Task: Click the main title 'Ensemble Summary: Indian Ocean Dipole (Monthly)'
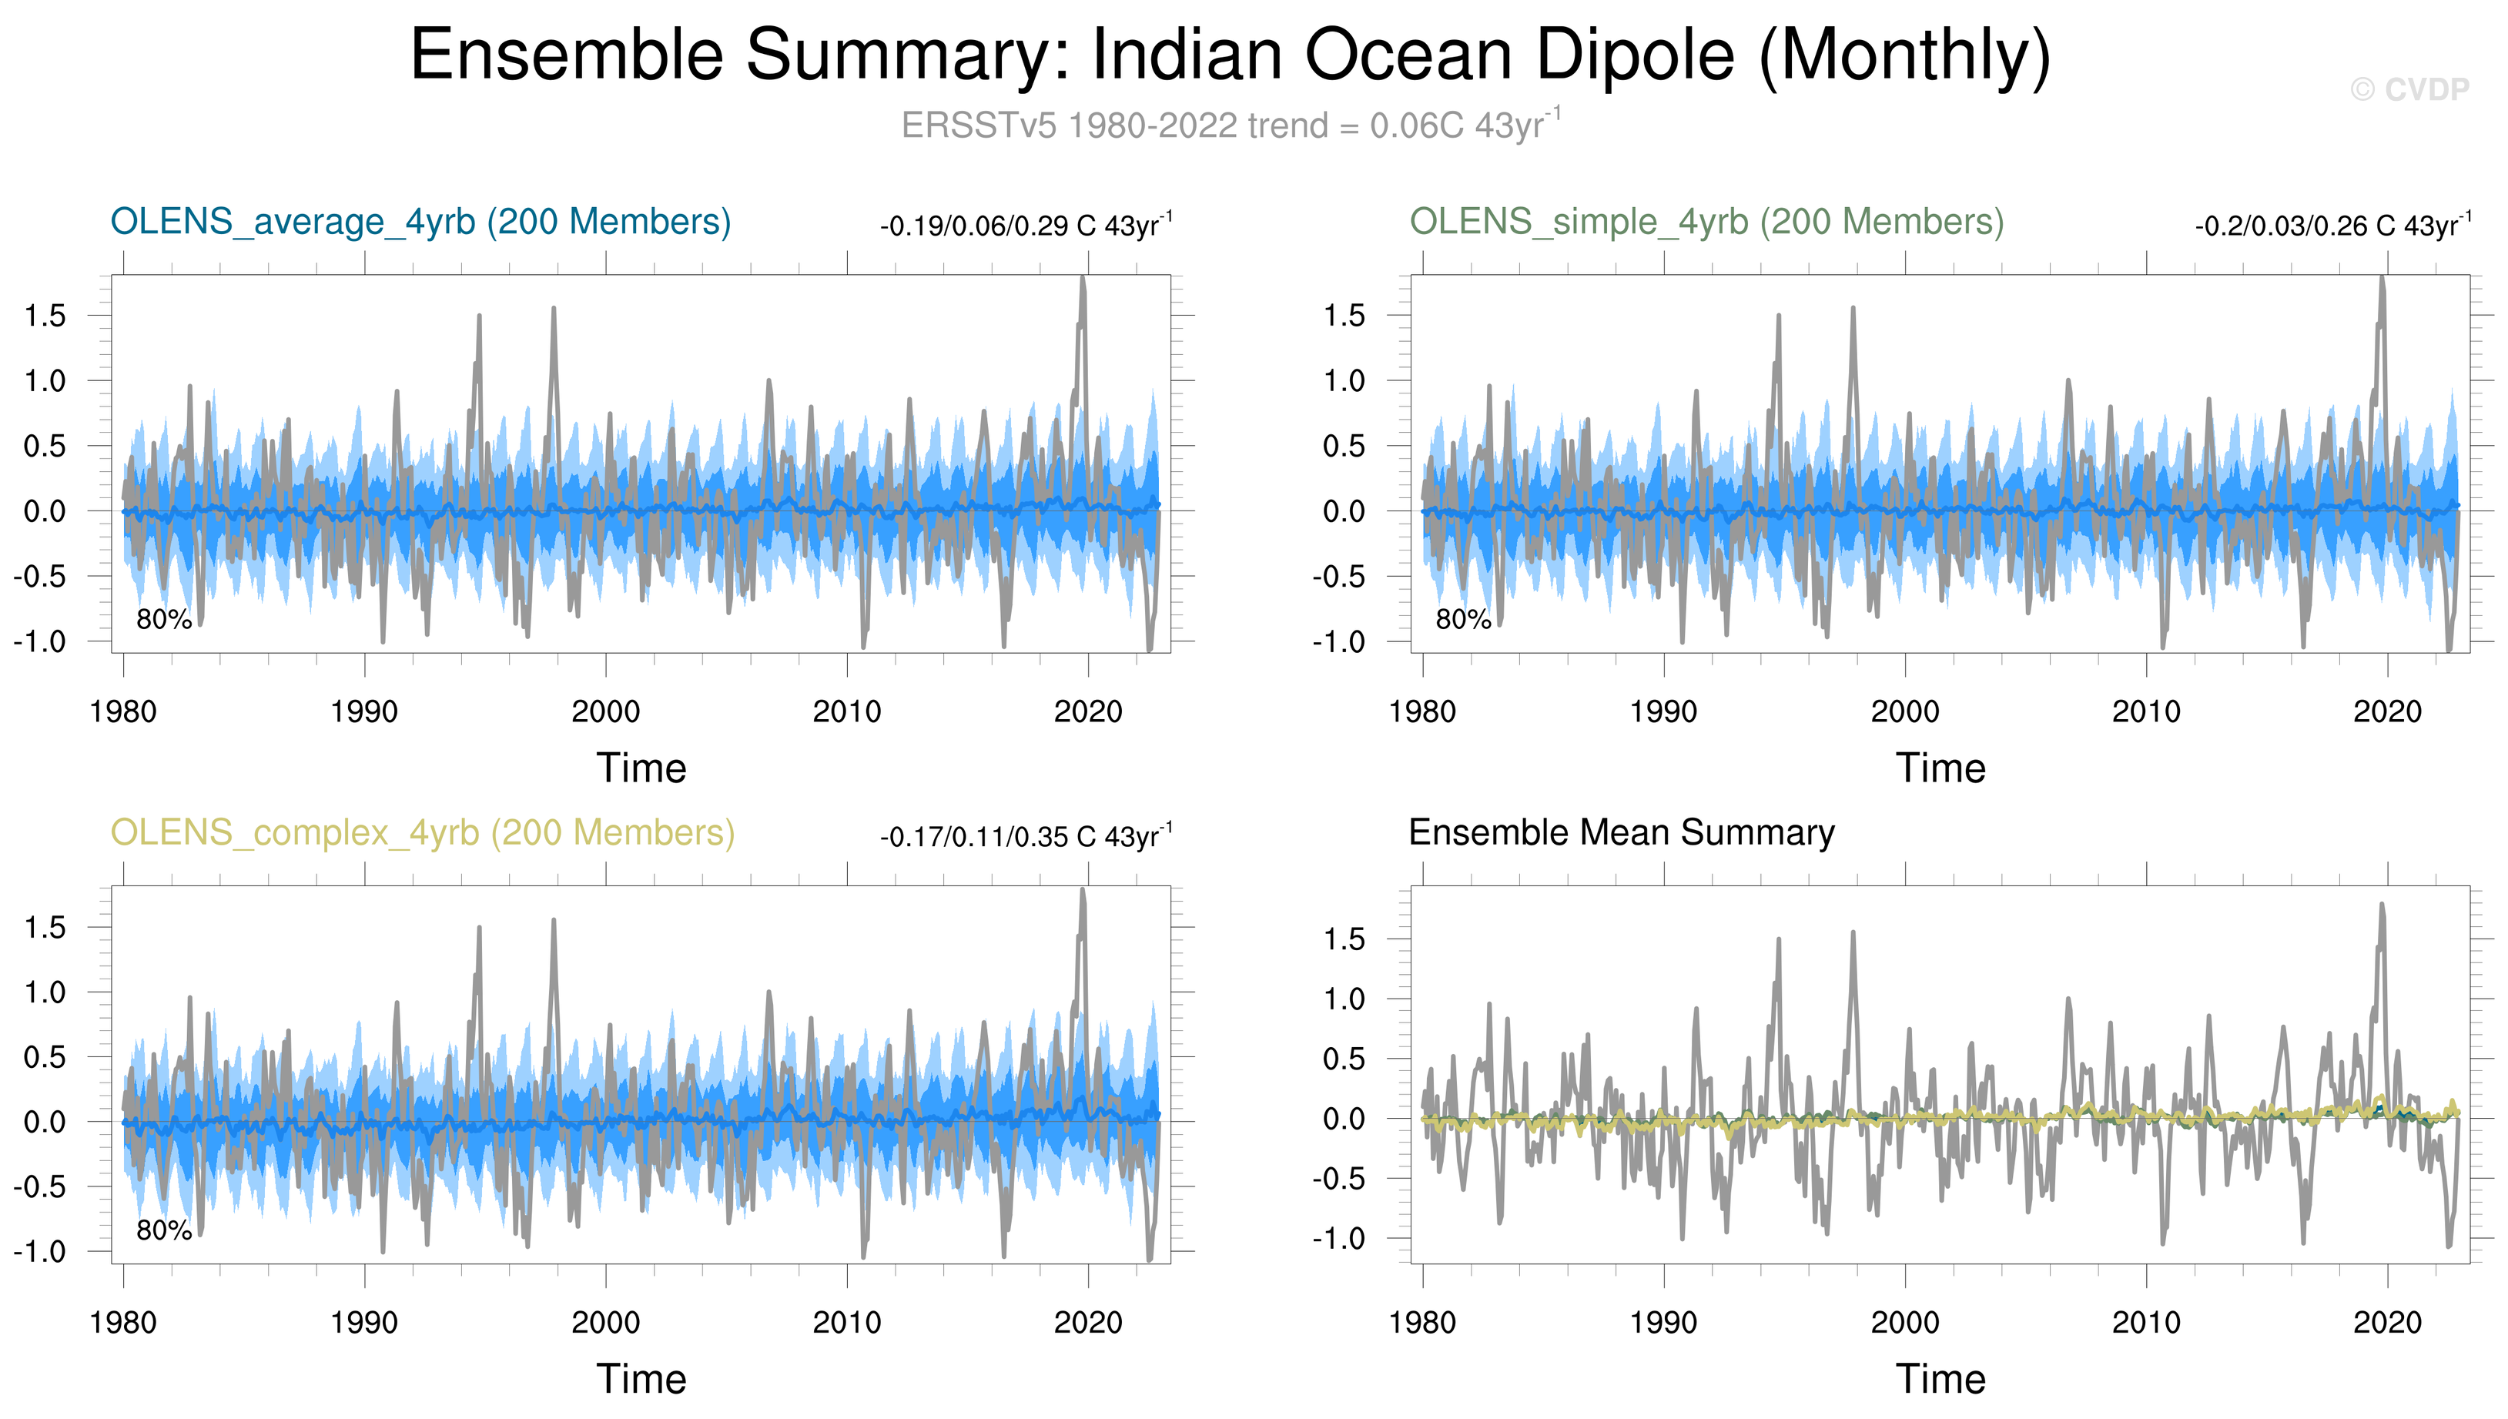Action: pyautogui.click(x=1230, y=55)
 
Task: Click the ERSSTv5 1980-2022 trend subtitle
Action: pyautogui.click(x=1230, y=126)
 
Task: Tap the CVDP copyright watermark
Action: pyautogui.click(x=2409, y=89)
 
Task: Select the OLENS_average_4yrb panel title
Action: pyautogui.click(x=420, y=223)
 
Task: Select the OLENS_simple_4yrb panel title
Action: pyautogui.click(x=1706, y=223)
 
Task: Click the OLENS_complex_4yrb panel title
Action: pyautogui.click(x=422, y=833)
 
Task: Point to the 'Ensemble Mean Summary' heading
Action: pyautogui.click(x=1621, y=833)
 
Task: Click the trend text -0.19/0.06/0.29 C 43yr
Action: pyautogui.click(x=1026, y=226)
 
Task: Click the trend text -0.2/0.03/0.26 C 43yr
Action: pyautogui.click(x=2332, y=226)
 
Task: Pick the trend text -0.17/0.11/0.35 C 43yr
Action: pyautogui.click(x=1026, y=837)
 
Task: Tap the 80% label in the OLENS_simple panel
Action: pyautogui.click(x=1462, y=620)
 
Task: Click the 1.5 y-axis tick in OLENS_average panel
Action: pyautogui.click(x=45, y=316)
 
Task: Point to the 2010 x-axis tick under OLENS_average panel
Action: pyautogui.click(x=846, y=712)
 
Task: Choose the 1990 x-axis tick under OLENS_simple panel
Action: pyautogui.click(x=1663, y=712)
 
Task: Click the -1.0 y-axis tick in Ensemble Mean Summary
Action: pyautogui.click(x=1338, y=1239)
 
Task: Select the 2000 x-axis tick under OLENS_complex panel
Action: pyautogui.click(x=605, y=1324)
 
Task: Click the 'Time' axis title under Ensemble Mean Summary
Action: pyautogui.click(x=1940, y=1379)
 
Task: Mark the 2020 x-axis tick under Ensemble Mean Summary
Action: pyautogui.click(x=2387, y=1324)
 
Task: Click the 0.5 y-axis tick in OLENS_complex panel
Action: pyautogui.click(x=45, y=1057)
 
